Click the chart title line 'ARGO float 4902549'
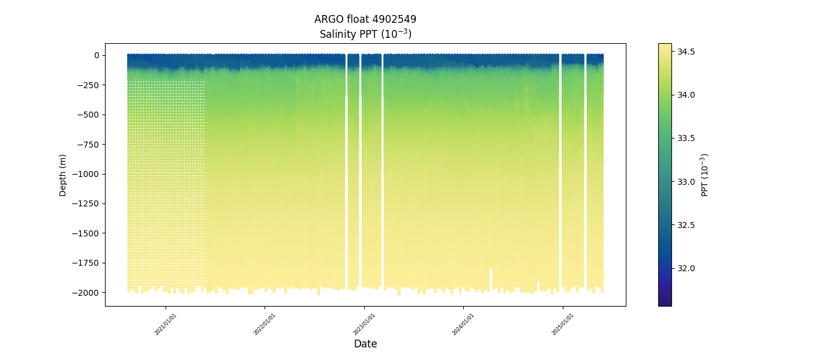[365, 19]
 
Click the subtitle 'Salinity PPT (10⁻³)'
[365, 34]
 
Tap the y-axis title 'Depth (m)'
[63, 175]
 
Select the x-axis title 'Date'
[365, 344]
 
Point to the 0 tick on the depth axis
[95, 55]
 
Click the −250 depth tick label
[88, 85]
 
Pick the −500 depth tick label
[88, 115]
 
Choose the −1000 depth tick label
[86, 174]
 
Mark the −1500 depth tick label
[86, 233]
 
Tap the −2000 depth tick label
[86, 293]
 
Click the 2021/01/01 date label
[166, 324]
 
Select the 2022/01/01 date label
[265, 324]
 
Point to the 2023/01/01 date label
[364, 324]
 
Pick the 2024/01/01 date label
[463, 324]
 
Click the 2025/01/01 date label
[562, 324]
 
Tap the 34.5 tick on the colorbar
[686, 52]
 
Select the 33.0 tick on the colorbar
[686, 182]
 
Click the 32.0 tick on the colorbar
[686, 268]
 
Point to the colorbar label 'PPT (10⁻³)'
[705, 175]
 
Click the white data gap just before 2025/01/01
[560, 174]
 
